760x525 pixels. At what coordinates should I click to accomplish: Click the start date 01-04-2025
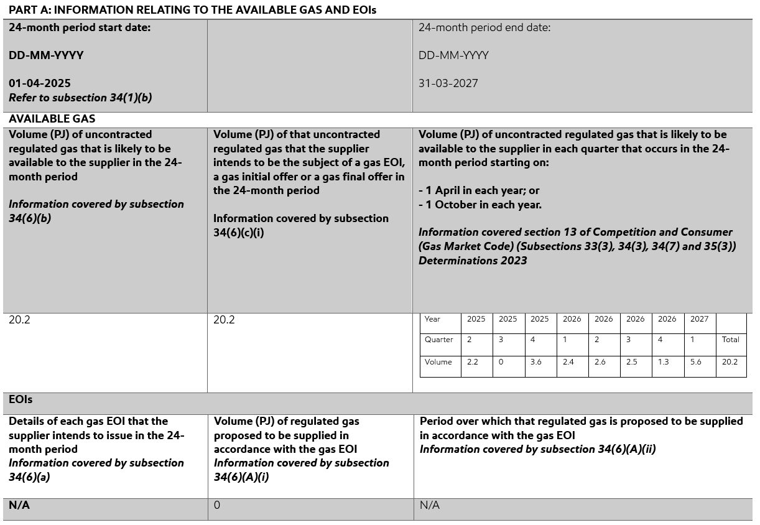40,83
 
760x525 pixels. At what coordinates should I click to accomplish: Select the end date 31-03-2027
448,83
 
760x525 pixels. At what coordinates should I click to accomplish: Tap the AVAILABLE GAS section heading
52,119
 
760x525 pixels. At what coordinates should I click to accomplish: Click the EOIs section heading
21,399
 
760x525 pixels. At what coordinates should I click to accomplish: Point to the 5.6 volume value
695,362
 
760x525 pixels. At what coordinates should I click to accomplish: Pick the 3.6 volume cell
537,362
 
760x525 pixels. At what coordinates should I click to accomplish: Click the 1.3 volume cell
664,362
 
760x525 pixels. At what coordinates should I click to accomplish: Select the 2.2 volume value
473,362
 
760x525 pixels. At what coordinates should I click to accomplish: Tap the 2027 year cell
699,319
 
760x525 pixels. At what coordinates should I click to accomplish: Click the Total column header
731,340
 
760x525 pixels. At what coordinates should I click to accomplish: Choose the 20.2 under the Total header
731,362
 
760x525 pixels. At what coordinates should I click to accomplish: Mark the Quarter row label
438,340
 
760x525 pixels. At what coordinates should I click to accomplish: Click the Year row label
432,319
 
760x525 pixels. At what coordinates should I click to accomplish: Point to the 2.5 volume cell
631,362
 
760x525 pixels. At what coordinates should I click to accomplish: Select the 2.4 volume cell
568,362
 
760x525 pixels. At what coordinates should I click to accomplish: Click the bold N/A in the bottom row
19,505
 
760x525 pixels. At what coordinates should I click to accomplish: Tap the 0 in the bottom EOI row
216,505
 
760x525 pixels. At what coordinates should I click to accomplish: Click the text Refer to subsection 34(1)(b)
80,98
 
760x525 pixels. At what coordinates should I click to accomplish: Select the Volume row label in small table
438,362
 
